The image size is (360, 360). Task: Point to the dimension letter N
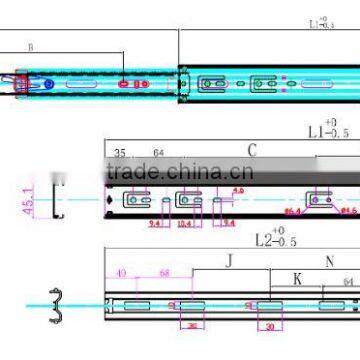[331, 262]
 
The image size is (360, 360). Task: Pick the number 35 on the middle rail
[120, 154]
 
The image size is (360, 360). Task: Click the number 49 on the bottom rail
[122, 272]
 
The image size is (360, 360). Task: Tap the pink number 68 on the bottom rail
[163, 272]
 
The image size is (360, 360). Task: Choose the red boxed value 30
[269, 326]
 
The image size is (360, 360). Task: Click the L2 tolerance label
[276, 240]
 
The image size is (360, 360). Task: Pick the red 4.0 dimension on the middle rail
[239, 191]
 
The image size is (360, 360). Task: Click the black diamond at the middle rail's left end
[109, 200]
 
